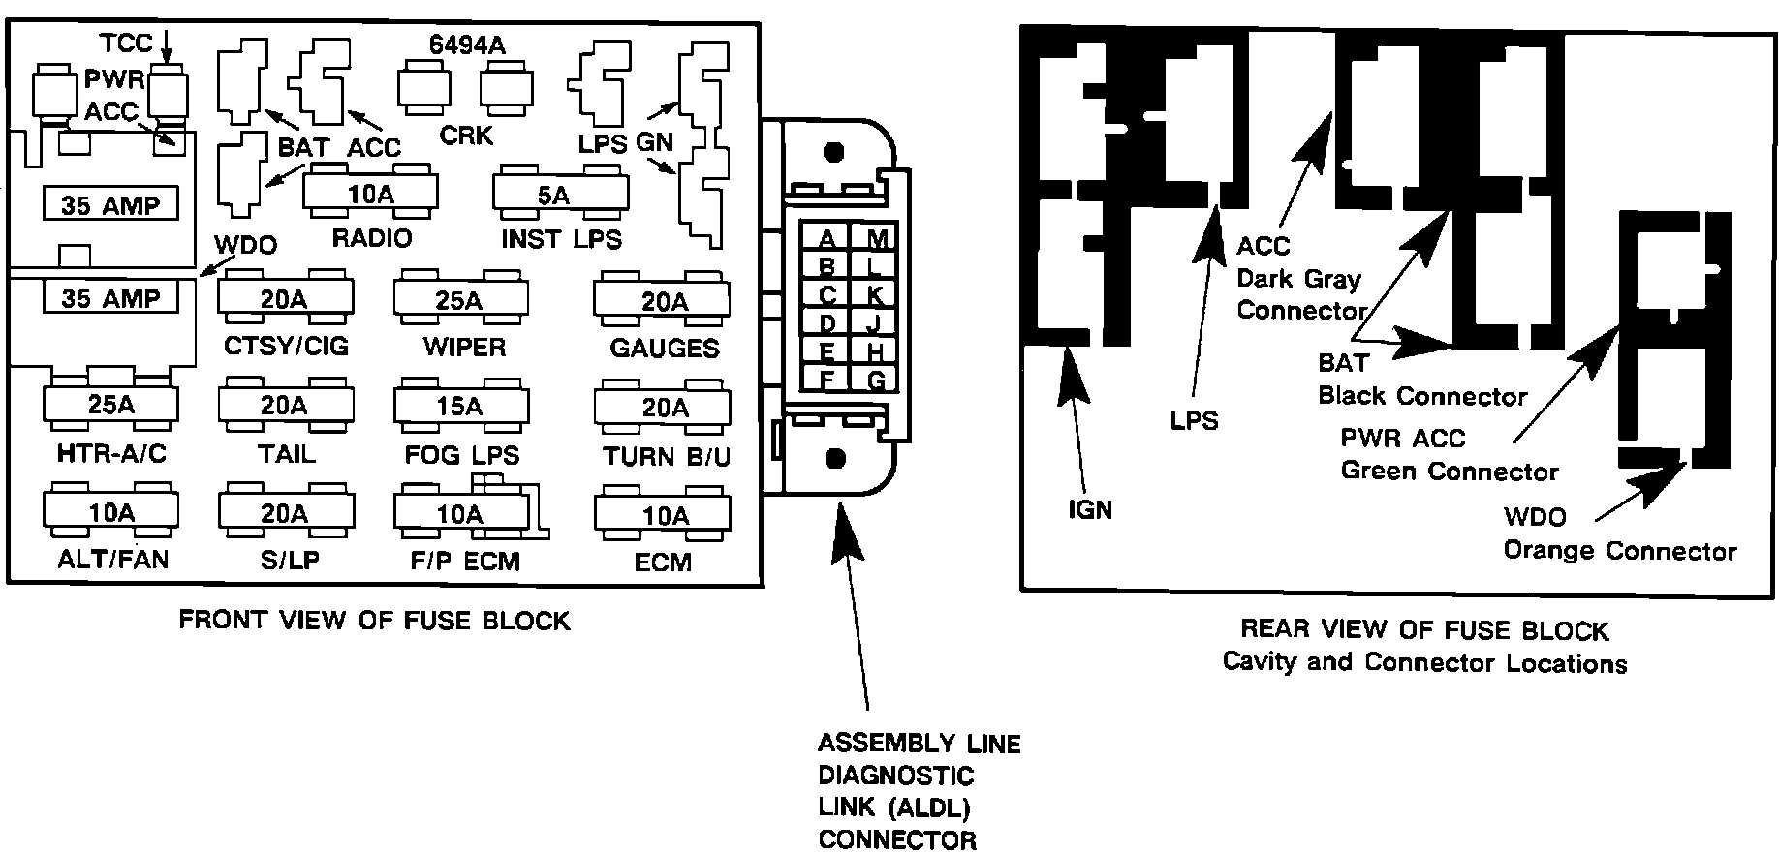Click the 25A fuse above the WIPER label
click(461, 300)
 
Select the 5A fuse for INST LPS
click(560, 193)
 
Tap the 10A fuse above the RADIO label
click(370, 193)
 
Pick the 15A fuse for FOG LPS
click(461, 407)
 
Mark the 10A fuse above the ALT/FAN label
click(110, 513)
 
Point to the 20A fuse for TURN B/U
click(662, 407)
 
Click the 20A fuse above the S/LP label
click(286, 513)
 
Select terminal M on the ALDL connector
click(876, 239)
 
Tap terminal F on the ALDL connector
click(827, 379)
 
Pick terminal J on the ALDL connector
click(876, 322)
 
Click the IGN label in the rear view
click(1090, 509)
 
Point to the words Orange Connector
click(1619, 551)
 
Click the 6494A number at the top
click(467, 45)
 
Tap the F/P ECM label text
click(464, 561)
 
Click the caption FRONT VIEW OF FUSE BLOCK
click(374, 620)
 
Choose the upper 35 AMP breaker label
click(110, 205)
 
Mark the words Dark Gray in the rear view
click(1298, 279)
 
